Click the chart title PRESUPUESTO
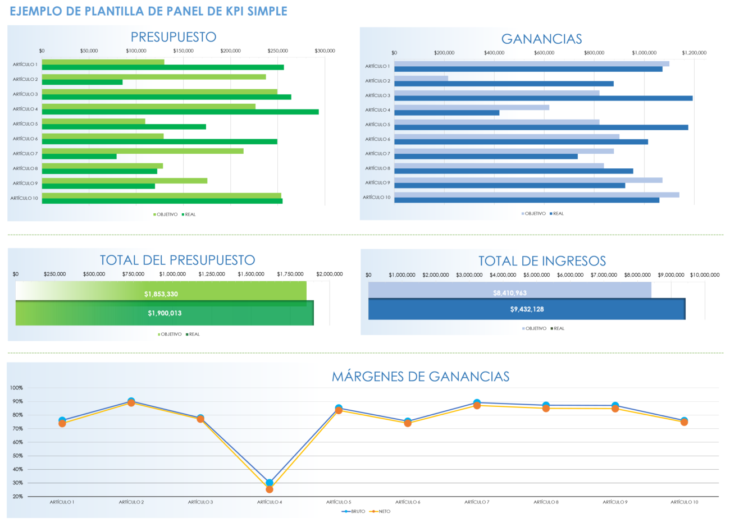[x=173, y=37]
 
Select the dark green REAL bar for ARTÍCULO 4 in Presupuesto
[x=180, y=112]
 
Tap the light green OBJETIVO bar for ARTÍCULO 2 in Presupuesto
[x=153, y=76]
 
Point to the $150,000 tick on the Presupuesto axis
[x=183, y=51]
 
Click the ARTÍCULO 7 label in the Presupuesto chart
[x=25, y=154]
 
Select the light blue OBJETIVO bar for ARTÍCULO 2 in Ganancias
[x=421, y=79]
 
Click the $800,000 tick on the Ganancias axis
[x=594, y=53]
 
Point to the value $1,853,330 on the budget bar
[x=161, y=294]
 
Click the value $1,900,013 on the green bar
[x=165, y=313]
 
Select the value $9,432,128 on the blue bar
[x=526, y=309]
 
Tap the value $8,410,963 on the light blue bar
[x=509, y=293]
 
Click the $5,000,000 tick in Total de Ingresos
[x=536, y=275]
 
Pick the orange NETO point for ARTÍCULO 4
[x=270, y=489]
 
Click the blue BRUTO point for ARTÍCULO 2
[x=131, y=401]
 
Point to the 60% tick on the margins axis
[x=17, y=442]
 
